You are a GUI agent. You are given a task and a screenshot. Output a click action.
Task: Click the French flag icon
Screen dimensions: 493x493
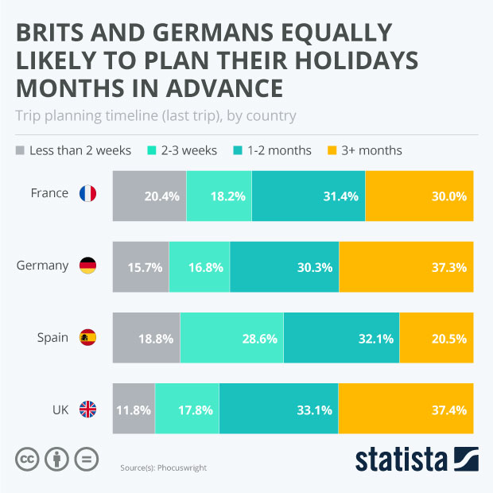[x=87, y=194]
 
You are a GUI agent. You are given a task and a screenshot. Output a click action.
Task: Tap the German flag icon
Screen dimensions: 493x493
[x=87, y=266]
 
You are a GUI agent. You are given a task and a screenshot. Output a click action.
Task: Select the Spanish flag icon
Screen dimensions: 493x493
[x=87, y=338]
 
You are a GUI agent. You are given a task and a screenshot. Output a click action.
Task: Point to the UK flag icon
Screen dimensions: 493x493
[x=87, y=410]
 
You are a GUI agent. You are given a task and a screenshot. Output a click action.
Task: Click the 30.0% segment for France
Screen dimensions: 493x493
[x=419, y=196]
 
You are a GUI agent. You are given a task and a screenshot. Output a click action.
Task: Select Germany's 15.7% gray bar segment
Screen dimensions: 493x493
[x=141, y=267]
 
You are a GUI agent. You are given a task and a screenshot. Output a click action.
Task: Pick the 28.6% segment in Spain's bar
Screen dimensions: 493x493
[x=231, y=339]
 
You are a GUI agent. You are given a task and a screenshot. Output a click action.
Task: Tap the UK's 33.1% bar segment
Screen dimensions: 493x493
[x=278, y=410]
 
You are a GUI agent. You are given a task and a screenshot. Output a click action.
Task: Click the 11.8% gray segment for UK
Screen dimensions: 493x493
[x=134, y=410]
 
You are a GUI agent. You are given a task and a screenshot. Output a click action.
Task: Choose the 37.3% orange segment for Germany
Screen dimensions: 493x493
[x=406, y=267]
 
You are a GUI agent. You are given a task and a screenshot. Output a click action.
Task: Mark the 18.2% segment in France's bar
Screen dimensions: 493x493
[x=219, y=196]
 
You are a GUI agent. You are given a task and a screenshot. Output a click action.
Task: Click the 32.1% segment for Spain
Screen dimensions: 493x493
[x=341, y=339]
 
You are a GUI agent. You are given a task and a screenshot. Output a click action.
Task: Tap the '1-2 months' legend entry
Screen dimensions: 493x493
[x=270, y=150]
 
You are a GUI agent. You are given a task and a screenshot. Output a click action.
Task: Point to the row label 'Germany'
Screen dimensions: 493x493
[x=42, y=266]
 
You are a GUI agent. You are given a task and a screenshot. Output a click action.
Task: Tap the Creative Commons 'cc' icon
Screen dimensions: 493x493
[x=28, y=459]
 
